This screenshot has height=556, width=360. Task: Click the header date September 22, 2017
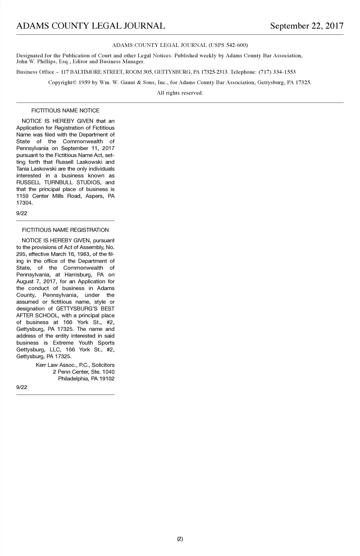coord(307,26)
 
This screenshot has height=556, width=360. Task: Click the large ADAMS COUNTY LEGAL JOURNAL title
coord(91,26)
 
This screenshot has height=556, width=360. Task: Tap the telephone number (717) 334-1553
coord(277,72)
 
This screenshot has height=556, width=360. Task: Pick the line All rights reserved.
coord(180,93)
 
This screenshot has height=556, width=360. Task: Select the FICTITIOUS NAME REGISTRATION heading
coord(65,230)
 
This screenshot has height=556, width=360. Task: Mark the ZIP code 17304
coord(24,203)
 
